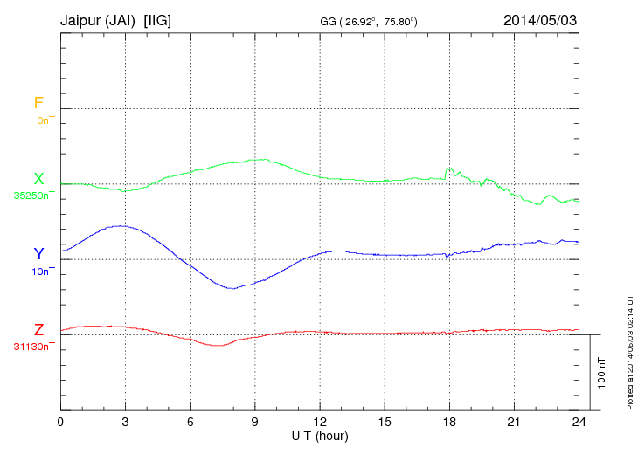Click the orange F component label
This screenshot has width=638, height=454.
coord(38,103)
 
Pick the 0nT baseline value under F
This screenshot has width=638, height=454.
coord(45,120)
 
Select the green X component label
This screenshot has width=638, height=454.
coord(38,179)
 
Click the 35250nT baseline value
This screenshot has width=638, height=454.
coord(34,196)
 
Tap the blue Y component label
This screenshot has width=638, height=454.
coord(38,254)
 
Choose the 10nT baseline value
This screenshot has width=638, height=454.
coord(44,272)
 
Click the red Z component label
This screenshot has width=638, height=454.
coord(38,330)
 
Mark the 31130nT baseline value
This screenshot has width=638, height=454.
coord(34,347)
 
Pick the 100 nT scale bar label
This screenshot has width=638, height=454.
coord(602,372)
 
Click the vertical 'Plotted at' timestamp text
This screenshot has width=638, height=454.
coord(629,349)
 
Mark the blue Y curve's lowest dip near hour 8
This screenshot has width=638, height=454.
coord(232,288)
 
